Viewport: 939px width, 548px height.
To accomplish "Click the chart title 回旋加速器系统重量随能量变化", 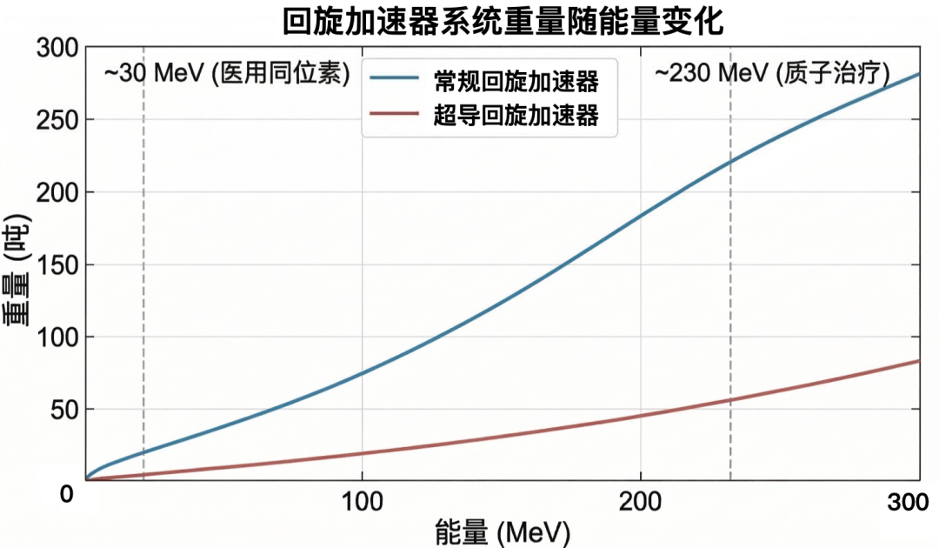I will coord(503,21).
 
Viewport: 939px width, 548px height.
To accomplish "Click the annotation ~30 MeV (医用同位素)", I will coord(227,74).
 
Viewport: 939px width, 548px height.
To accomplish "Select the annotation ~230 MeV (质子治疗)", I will coord(772,74).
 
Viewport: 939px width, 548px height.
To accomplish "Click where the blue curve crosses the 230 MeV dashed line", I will coord(730,162).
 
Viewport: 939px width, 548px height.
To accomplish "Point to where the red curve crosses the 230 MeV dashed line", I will coord(730,400).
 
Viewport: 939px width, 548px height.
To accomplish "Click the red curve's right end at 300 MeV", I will coord(919,360).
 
